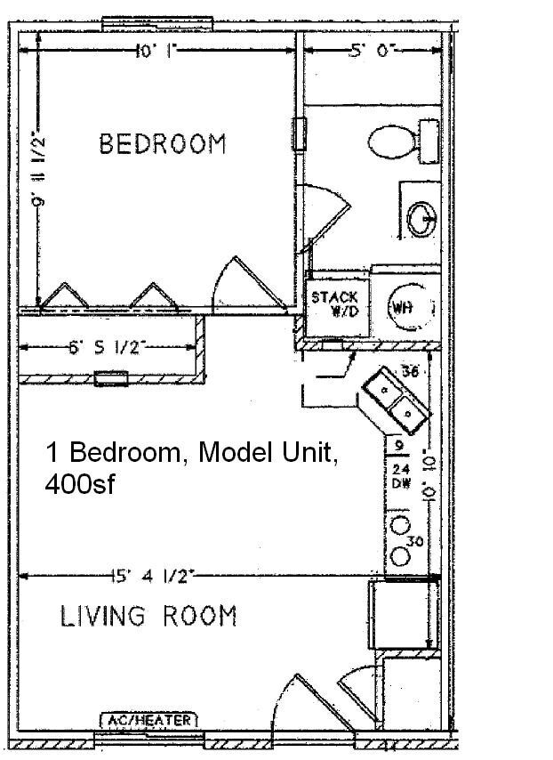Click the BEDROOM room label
tap(162, 144)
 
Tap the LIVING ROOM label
tap(148, 616)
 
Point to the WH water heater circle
tap(405, 307)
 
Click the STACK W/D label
tap(335, 304)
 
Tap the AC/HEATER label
tap(148, 720)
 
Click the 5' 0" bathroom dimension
tap(372, 52)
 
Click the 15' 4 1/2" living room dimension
tap(153, 576)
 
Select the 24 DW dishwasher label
tap(400, 476)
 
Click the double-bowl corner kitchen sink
tap(394, 400)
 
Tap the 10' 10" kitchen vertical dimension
tap(432, 463)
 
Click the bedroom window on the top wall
tap(156, 21)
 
